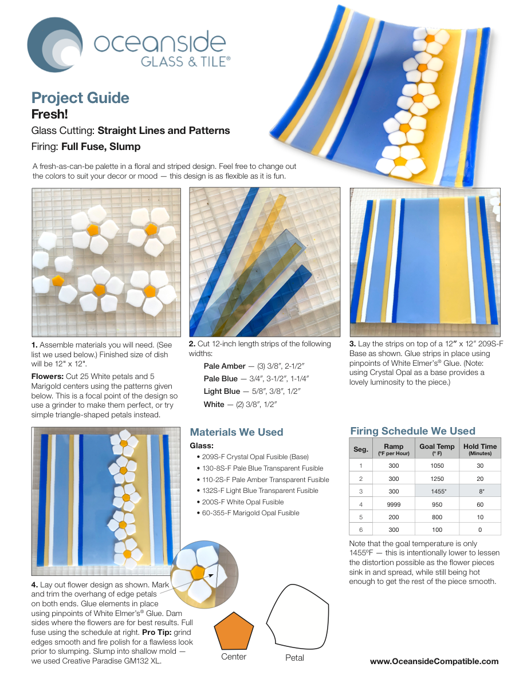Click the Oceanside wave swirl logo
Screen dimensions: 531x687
pos(55,45)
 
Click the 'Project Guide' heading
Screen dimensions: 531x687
pos(80,98)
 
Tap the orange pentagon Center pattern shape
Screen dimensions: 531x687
pos(234,631)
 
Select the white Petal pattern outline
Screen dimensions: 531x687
pos(297,617)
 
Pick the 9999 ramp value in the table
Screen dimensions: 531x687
pos(394,504)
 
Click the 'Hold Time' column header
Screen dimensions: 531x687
pos(480,449)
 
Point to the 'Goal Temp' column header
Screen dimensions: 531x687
pos(436,449)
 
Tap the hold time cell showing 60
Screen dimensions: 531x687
pos(480,504)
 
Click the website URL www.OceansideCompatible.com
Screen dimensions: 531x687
pos(434,661)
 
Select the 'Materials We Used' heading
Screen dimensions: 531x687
pos(237,432)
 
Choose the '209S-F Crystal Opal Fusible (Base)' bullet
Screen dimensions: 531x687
pos(253,456)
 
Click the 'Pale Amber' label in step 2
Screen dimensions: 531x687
pos(225,366)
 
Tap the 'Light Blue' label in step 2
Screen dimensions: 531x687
pos(222,391)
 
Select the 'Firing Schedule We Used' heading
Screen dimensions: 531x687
pos(413,431)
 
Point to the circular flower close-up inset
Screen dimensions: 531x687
pos(204,574)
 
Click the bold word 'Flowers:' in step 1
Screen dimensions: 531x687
pos(48,376)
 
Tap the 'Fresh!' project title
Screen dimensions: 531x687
pos(50,114)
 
